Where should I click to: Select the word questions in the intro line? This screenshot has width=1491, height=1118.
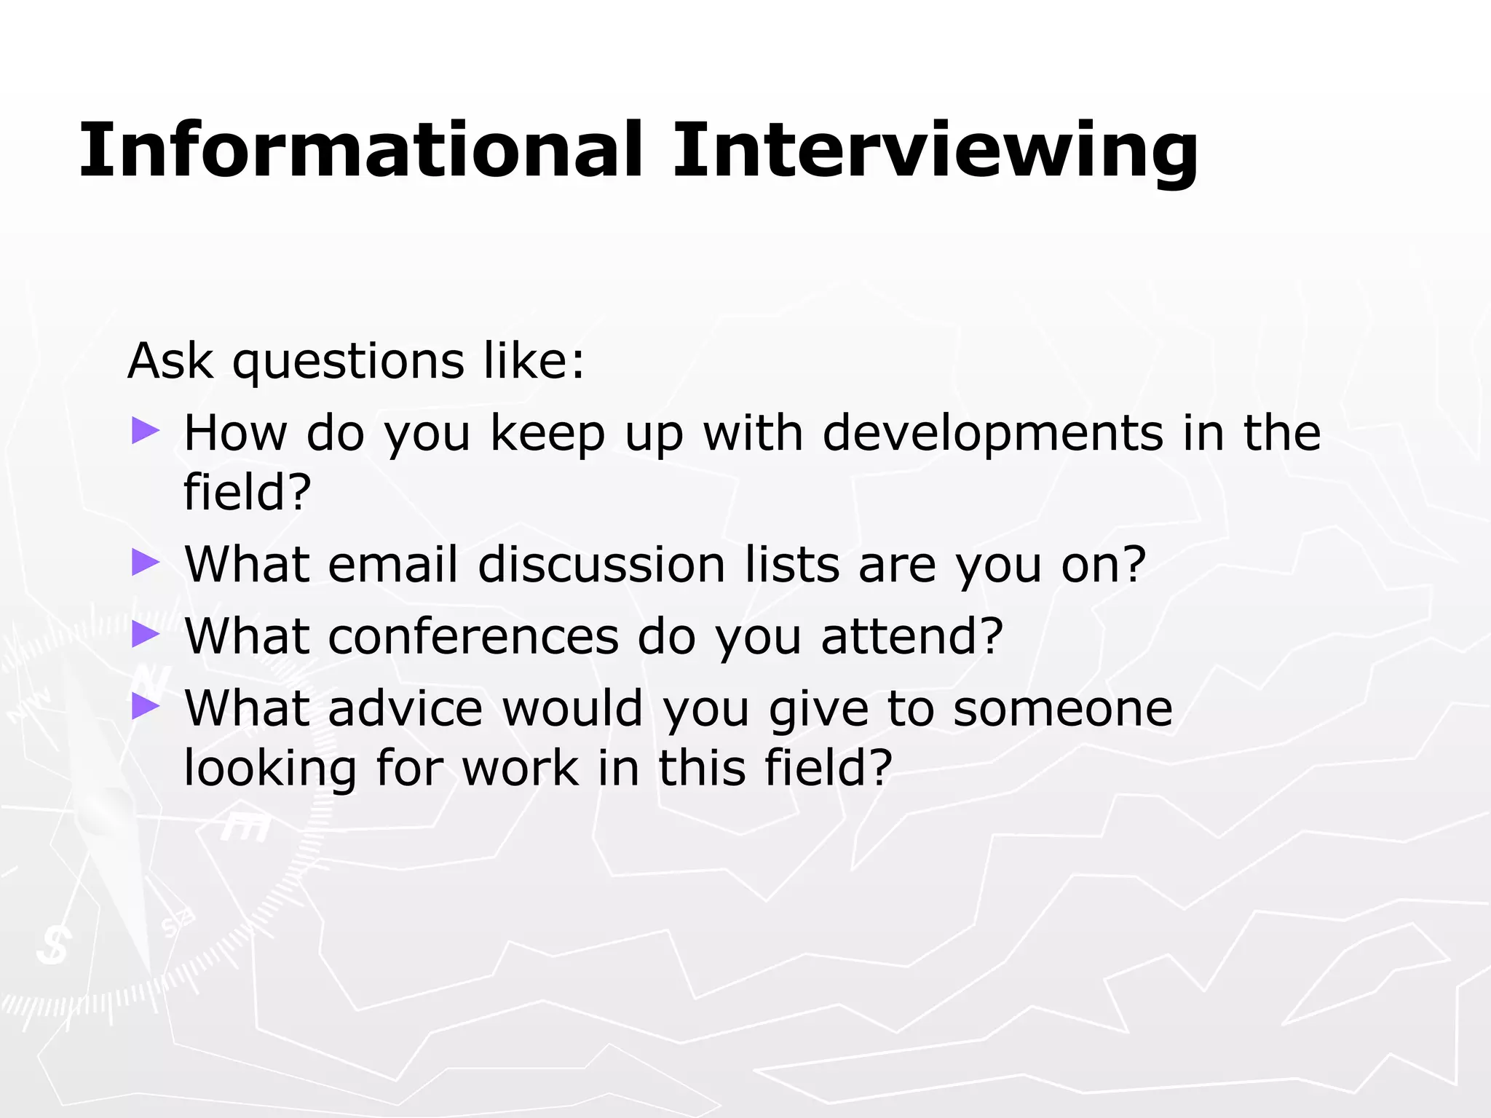(348, 362)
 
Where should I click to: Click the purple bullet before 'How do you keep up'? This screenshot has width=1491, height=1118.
(145, 431)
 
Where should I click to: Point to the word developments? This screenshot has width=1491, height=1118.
(993, 434)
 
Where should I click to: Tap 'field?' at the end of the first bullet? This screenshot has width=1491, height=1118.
(248, 493)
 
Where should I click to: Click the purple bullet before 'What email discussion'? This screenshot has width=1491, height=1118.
(145, 563)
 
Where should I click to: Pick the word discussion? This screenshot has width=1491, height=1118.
(601, 565)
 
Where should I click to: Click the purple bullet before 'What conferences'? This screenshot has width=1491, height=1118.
(145, 634)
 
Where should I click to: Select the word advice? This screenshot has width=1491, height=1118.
(406, 708)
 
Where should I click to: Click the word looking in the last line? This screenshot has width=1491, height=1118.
(270, 769)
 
